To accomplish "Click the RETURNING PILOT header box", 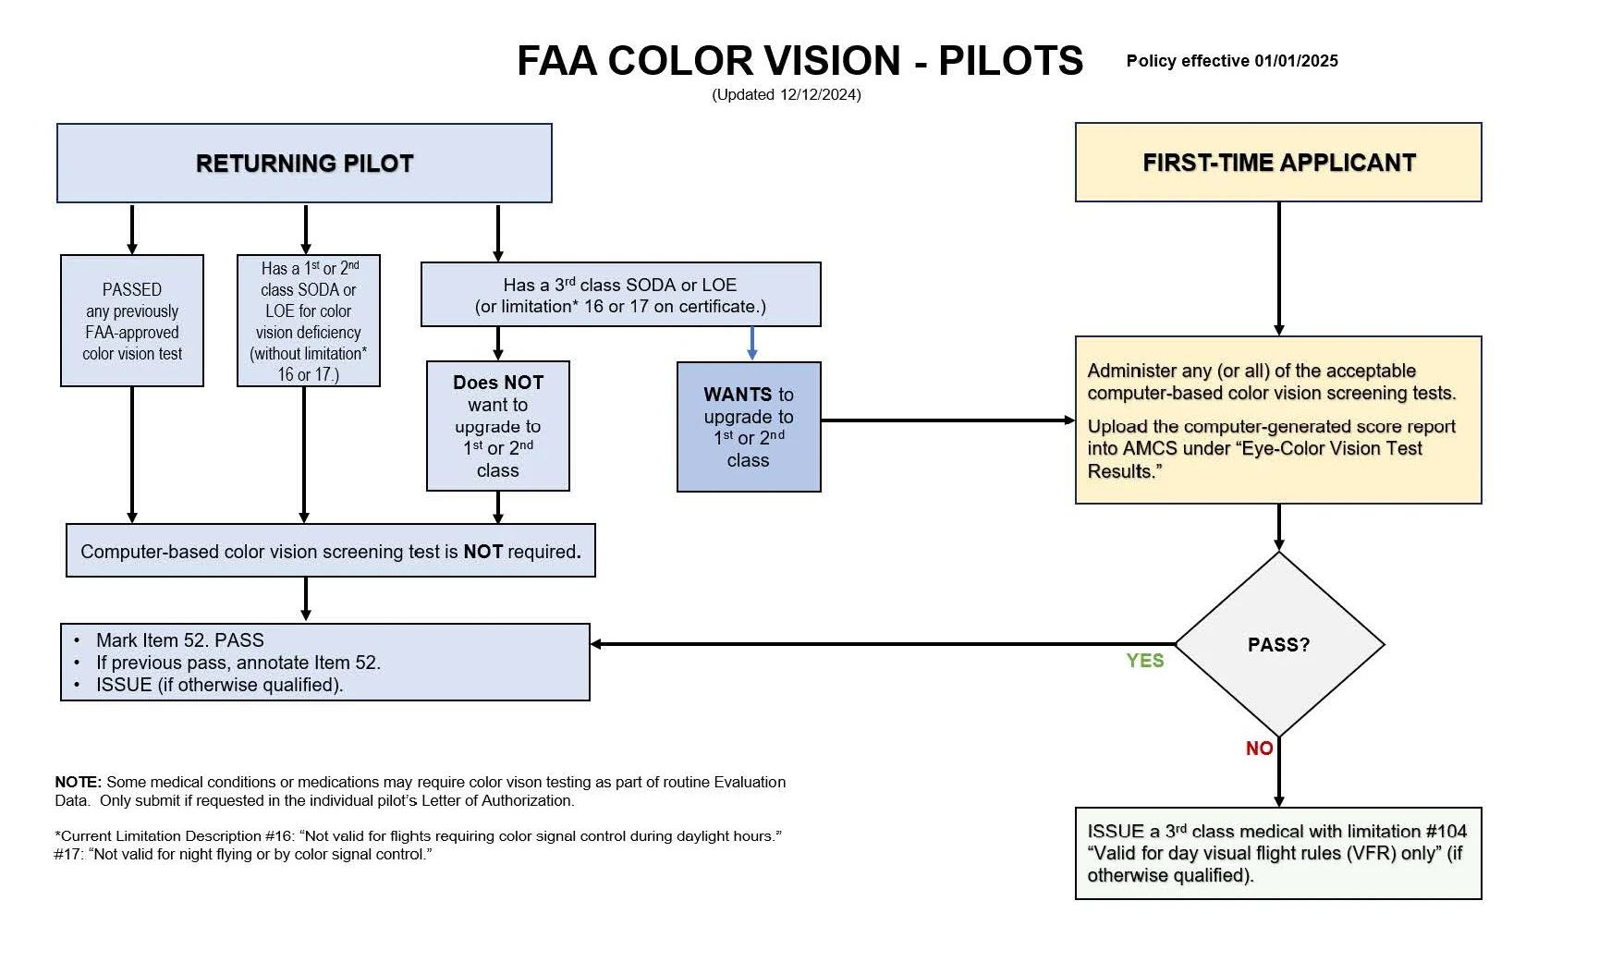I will (x=304, y=164).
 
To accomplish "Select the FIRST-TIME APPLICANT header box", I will (x=1278, y=163).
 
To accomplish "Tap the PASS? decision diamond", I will (x=1278, y=644).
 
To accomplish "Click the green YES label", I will (x=1144, y=661).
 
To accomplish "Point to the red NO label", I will (x=1259, y=749).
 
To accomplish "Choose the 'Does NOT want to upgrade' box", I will (x=497, y=426).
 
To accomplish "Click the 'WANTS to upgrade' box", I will (x=748, y=427).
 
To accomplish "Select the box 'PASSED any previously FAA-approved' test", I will (x=132, y=321).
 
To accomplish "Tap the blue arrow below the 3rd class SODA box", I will (x=752, y=343).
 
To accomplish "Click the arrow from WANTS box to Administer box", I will (x=947, y=420).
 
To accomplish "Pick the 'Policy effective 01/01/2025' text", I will (x=1231, y=61).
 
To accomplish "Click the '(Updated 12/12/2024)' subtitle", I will (x=786, y=94).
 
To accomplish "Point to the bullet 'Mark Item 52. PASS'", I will (x=180, y=640).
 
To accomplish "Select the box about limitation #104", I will (x=1277, y=853).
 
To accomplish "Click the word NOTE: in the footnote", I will (x=78, y=782).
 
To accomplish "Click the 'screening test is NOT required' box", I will (x=331, y=552).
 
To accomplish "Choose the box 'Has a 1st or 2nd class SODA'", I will (x=309, y=321).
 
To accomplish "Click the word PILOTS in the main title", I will (x=1010, y=62).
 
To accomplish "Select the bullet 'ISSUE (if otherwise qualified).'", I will (x=219, y=685).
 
